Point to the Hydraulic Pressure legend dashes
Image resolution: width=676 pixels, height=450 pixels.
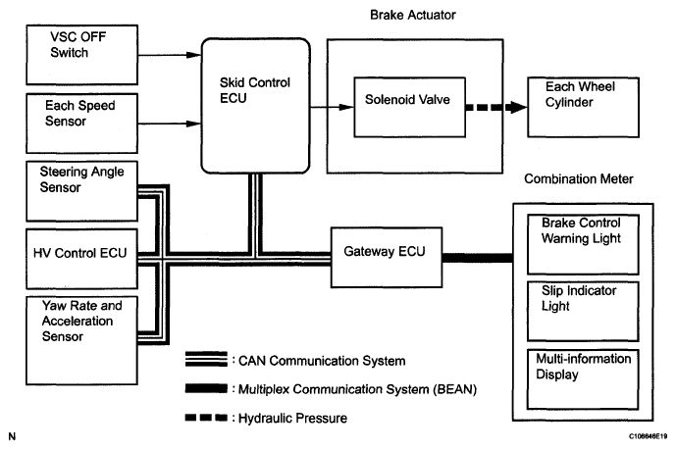point(209,418)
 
